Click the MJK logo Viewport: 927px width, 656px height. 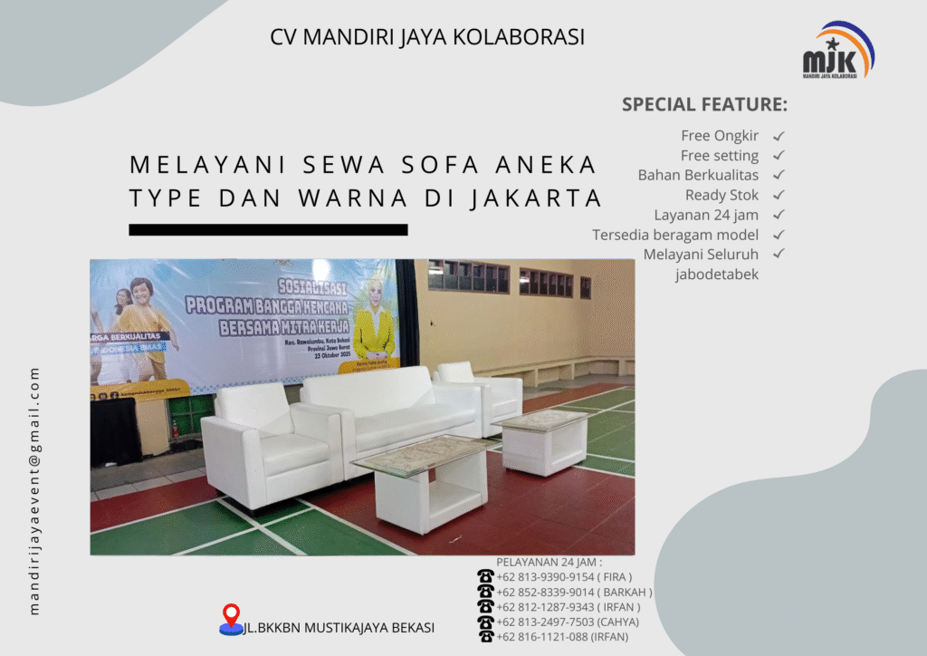[x=838, y=51]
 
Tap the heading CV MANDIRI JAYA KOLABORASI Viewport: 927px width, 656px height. [x=427, y=37]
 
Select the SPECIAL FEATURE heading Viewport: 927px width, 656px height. [x=704, y=104]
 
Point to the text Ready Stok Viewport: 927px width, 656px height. [x=722, y=195]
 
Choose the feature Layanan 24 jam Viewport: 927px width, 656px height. [x=706, y=215]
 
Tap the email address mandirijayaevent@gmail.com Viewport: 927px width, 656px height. [x=35, y=490]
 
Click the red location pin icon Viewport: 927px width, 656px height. [x=231, y=617]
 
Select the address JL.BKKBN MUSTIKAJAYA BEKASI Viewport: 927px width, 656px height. [x=339, y=627]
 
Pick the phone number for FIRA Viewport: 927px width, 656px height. [x=564, y=576]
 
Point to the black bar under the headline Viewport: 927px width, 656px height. [x=268, y=229]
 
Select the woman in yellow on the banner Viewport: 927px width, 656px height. [x=372, y=322]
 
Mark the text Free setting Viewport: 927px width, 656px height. [x=720, y=156]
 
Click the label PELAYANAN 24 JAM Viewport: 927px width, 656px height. [x=549, y=562]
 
